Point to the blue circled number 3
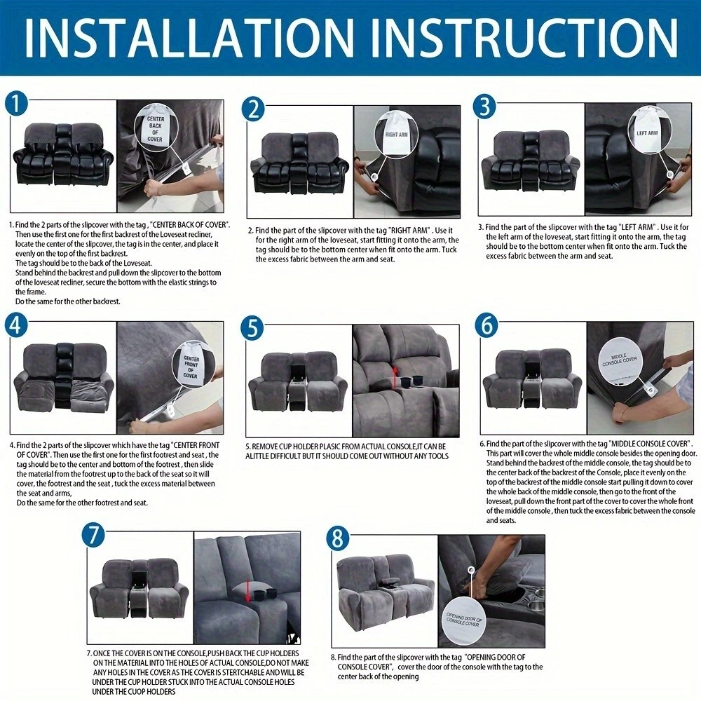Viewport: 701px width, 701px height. (485, 107)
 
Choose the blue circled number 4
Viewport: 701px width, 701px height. (16, 325)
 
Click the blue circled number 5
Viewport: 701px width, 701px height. (252, 329)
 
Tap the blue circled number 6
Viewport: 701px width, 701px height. (486, 326)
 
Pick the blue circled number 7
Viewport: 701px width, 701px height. (93, 536)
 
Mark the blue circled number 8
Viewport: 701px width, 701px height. (338, 538)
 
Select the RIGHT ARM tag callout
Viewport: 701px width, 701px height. (396, 133)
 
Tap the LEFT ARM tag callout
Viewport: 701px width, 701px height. (648, 132)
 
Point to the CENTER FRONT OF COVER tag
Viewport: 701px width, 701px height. (191, 367)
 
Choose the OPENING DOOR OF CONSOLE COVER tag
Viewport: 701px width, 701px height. (465, 620)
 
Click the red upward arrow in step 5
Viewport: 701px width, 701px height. (395, 377)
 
